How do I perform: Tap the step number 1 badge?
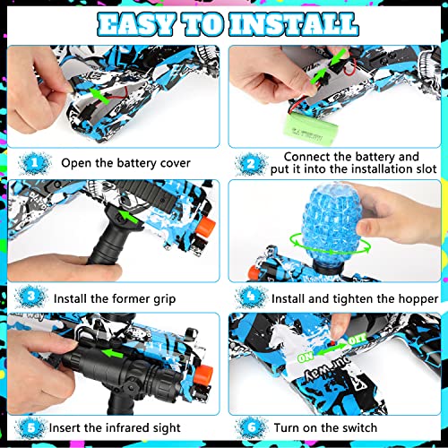click(34, 162)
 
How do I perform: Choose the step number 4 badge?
click(253, 297)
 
